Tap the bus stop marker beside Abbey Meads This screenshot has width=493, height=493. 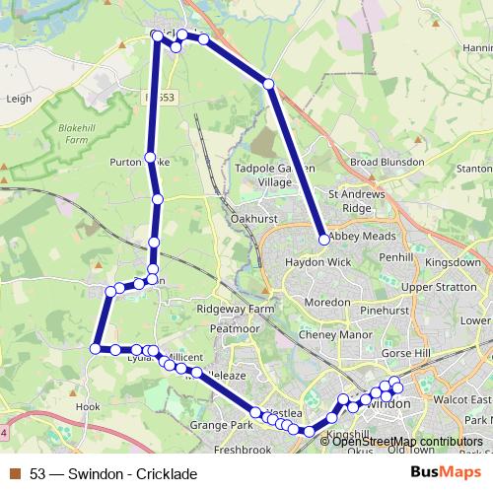click(x=323, y=238)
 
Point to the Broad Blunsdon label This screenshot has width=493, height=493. click(x=387, y=161)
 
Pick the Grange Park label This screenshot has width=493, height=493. click(x=223, y=425)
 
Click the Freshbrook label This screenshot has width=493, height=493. click(x=243, y=450)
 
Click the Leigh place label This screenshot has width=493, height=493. click(x=20, y=99)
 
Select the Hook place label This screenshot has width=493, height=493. click(x=89, y=405)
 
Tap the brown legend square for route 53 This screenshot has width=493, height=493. click(x=15, y=474)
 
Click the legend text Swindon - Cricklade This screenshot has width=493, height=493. click(x=133, y=474)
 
